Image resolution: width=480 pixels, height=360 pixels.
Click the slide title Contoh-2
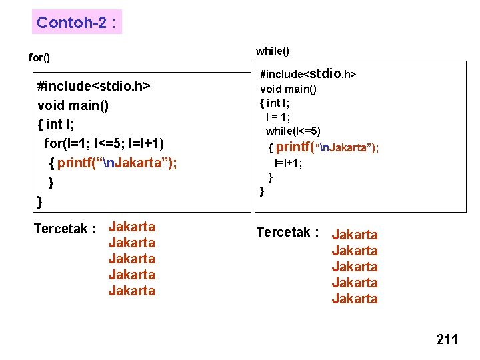pyautogui.click(x=77, y=23)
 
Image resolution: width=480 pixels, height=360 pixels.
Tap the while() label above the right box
pyautogui.click(x=273, y=51)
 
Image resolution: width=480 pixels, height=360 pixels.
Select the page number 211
pyautogui.click(x=447, y=340)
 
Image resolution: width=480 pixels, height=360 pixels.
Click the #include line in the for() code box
pyautogui.click(x=94, y=87)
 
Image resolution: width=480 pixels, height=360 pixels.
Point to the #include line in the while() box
pyautogui.click(x=307, y=73)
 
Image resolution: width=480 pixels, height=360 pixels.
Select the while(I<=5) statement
pyautogui.click(x=293, y=131)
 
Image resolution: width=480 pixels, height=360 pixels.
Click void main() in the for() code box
pyautogui.click(x=73, y=105)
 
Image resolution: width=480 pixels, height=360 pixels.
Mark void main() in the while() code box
pyautogui.click(x=288, y=89)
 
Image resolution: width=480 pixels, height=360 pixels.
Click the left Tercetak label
pyautogui.click(x=65, y=229)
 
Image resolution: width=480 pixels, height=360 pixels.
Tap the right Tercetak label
pyautogui.click(x=288, y=233)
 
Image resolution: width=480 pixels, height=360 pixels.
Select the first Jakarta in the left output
pyautogui.click(x=132, y=227)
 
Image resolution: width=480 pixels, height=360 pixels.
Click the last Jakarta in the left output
pyautogui.click(x=132, y=291)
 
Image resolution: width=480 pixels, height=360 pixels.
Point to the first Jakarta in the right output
pyautogui.click(x=355, y=235)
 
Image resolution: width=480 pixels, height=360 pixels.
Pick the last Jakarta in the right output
pyautogui.click(x=355, y=299)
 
